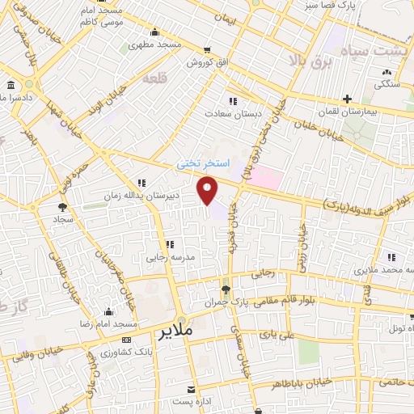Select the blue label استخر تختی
click(205, 163)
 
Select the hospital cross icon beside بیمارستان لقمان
click(348, 100)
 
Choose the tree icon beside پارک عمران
click(226, 289)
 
